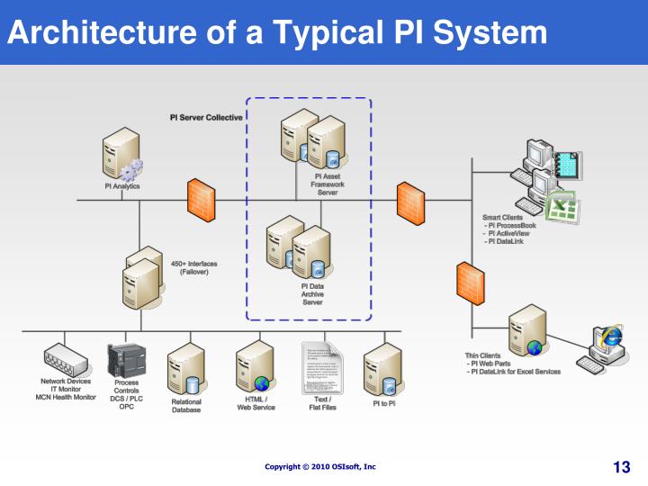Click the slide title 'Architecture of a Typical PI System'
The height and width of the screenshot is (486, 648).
[277, 32]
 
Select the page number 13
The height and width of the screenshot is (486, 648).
[621, 466]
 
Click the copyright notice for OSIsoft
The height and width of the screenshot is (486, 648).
[320, 466]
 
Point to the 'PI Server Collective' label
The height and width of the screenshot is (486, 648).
[206, 118]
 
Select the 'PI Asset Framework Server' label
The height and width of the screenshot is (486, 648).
[328, 184]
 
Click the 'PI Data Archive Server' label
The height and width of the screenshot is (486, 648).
[312, 293]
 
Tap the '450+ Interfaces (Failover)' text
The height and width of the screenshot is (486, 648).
[193, 267]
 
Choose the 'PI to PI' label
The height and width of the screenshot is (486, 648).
[384, 404]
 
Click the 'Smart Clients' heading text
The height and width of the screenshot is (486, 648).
[502, 218]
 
